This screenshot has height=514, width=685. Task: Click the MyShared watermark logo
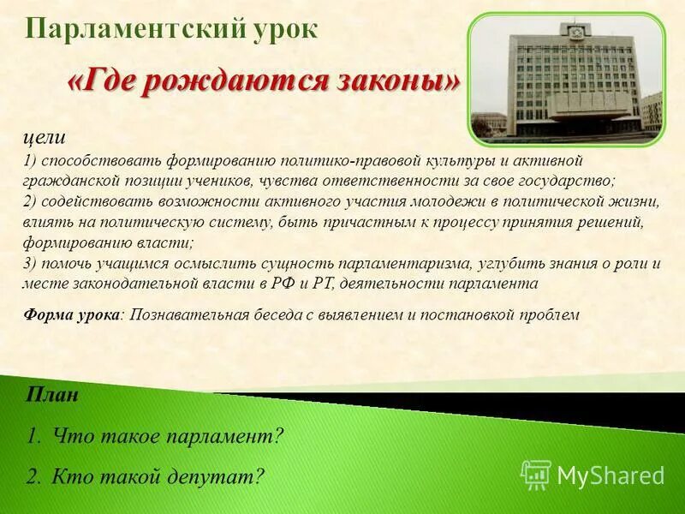coord(593,475)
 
